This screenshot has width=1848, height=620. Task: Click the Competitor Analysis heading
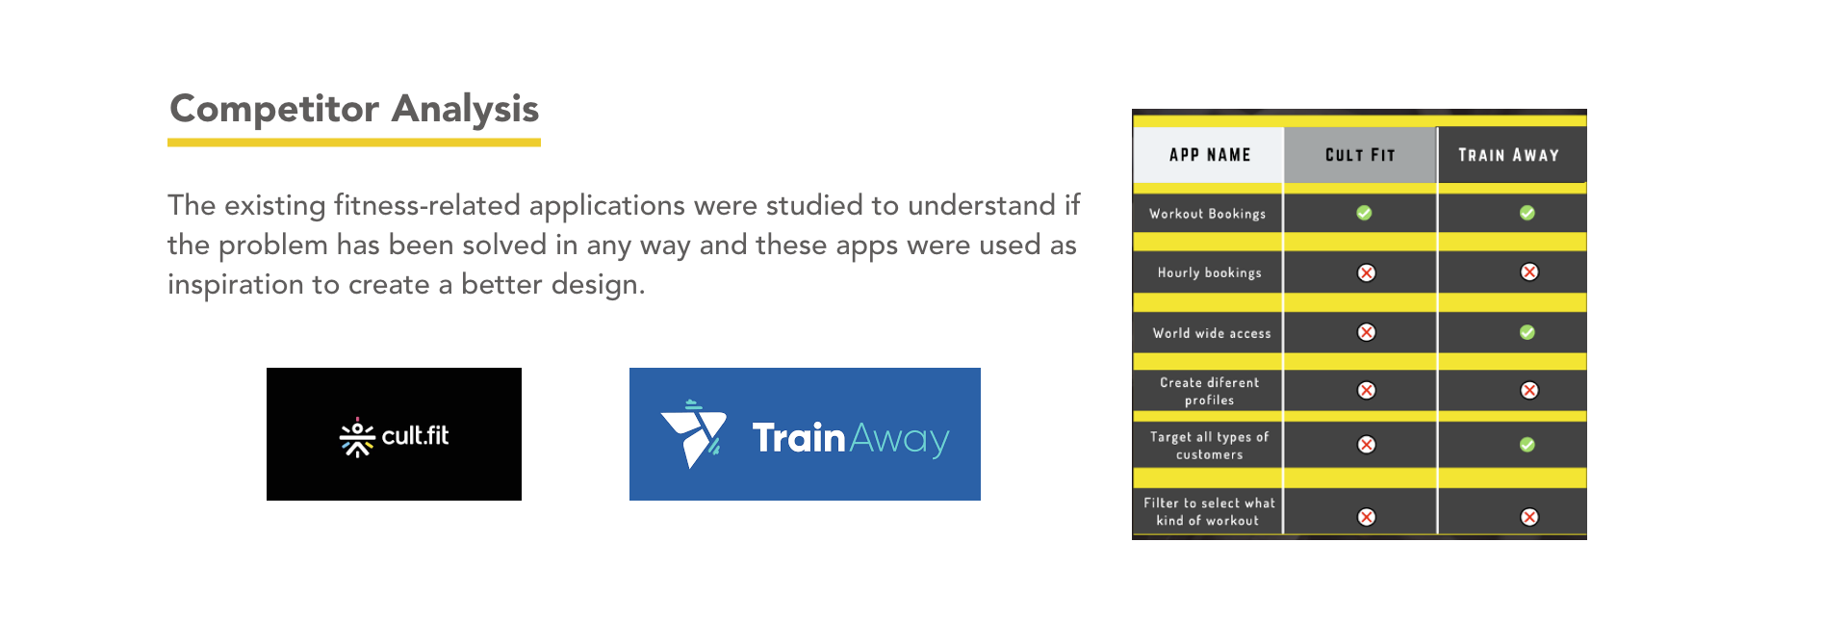point(354,109)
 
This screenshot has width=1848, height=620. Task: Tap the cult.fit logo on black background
point(394,434)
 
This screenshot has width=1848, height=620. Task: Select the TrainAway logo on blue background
point(805,434)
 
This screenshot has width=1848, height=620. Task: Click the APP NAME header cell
point(1209,155)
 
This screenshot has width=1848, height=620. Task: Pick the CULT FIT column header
point(1360,155)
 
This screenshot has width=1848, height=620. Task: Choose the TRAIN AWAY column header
point(1509,155)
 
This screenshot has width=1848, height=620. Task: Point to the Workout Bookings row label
point(1208,214)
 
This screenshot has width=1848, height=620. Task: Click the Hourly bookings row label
point(1210,272)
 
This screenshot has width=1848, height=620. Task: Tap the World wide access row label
point(1212,333)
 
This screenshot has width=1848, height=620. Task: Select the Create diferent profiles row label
point(1210,391)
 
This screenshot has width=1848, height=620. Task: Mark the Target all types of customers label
point(1210,445)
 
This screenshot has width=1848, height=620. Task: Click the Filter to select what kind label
point(1209,511)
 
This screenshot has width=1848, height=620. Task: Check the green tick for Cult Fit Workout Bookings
point(1364,213)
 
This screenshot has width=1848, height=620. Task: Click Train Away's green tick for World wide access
point(1527,332)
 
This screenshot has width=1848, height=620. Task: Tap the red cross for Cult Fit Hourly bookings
point(1366,272)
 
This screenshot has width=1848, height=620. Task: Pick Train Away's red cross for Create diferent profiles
point(1529,390)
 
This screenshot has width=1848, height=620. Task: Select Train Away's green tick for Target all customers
point(1527,445)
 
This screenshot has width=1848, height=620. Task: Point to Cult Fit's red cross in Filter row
point(1366,517)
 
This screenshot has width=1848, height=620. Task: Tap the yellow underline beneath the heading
point(354,142)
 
